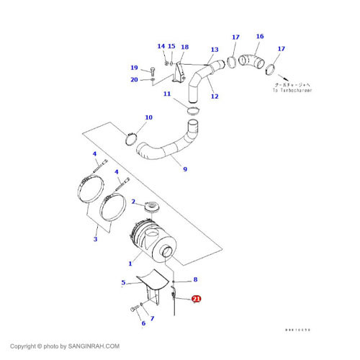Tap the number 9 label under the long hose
point(185,170)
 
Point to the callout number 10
point(149,117)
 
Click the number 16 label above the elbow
point(259,37)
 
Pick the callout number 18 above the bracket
point(184,47)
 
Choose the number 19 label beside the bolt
point(134,68)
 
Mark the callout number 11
point(166,94)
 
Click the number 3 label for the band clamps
point(95,238)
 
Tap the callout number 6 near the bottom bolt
point(143,323)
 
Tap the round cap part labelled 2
point(152,208)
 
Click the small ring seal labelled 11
point(192,111)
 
